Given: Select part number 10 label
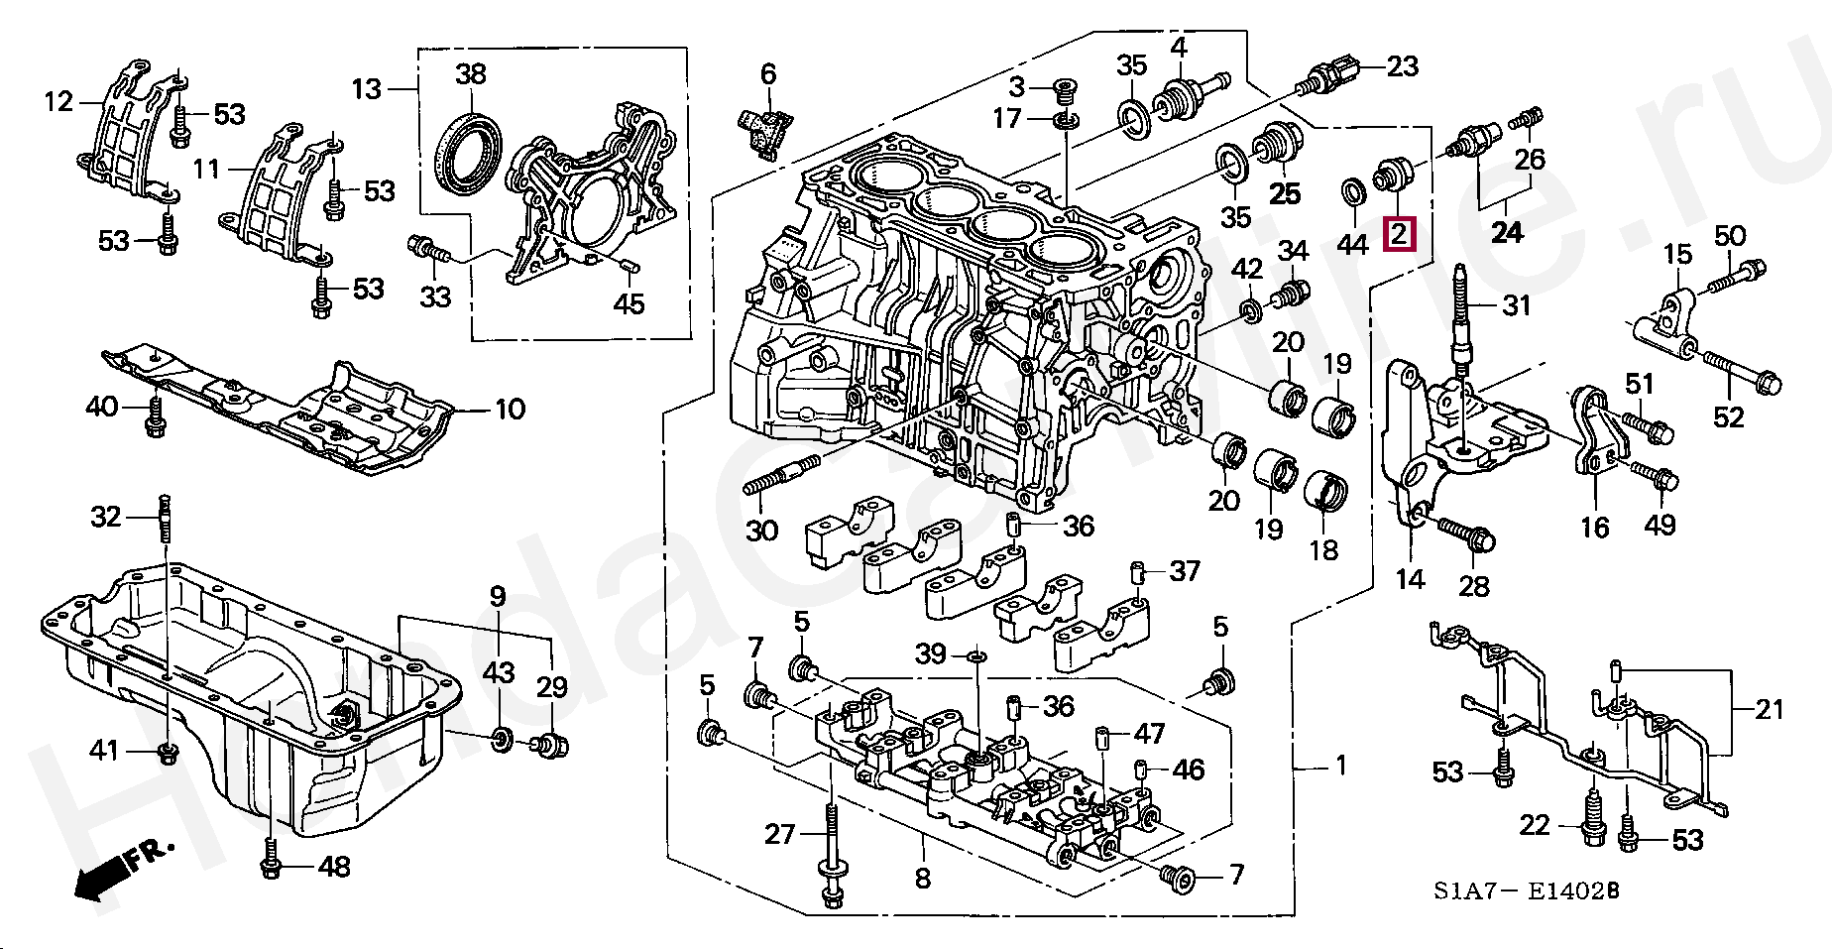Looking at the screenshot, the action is (x=510, y=409).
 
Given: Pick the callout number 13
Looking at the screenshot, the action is (x=366, y=89).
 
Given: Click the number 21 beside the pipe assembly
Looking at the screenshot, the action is (x=1769, y=709).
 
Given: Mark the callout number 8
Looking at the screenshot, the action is (x=922, y=878).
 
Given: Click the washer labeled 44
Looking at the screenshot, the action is (x=1351, y=191).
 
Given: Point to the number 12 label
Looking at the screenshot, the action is (x=58, y=101).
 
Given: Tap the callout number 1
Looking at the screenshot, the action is (x=1340, y=766).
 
